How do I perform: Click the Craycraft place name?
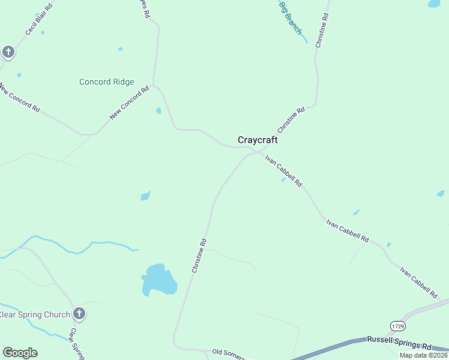[258, 140]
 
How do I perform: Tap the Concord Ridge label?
[106, 82]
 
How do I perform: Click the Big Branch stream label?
[291, 17]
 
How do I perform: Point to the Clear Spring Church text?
[35, 314]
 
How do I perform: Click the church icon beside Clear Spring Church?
[79, 313]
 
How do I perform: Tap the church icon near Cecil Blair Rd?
[8, 52]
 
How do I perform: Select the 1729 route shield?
[397, 326]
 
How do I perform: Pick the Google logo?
[20, 353]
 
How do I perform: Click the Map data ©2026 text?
[423, 355]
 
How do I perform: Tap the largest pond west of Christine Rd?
[158, 279]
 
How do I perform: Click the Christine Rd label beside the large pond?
[199, 256]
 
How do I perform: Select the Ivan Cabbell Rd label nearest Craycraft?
[283, 170]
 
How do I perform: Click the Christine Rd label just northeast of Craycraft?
[291, 121]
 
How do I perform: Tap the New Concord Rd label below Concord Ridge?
[129, 103]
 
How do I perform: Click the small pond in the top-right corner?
[434, 4]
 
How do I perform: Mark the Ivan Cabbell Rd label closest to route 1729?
[418, 283]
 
